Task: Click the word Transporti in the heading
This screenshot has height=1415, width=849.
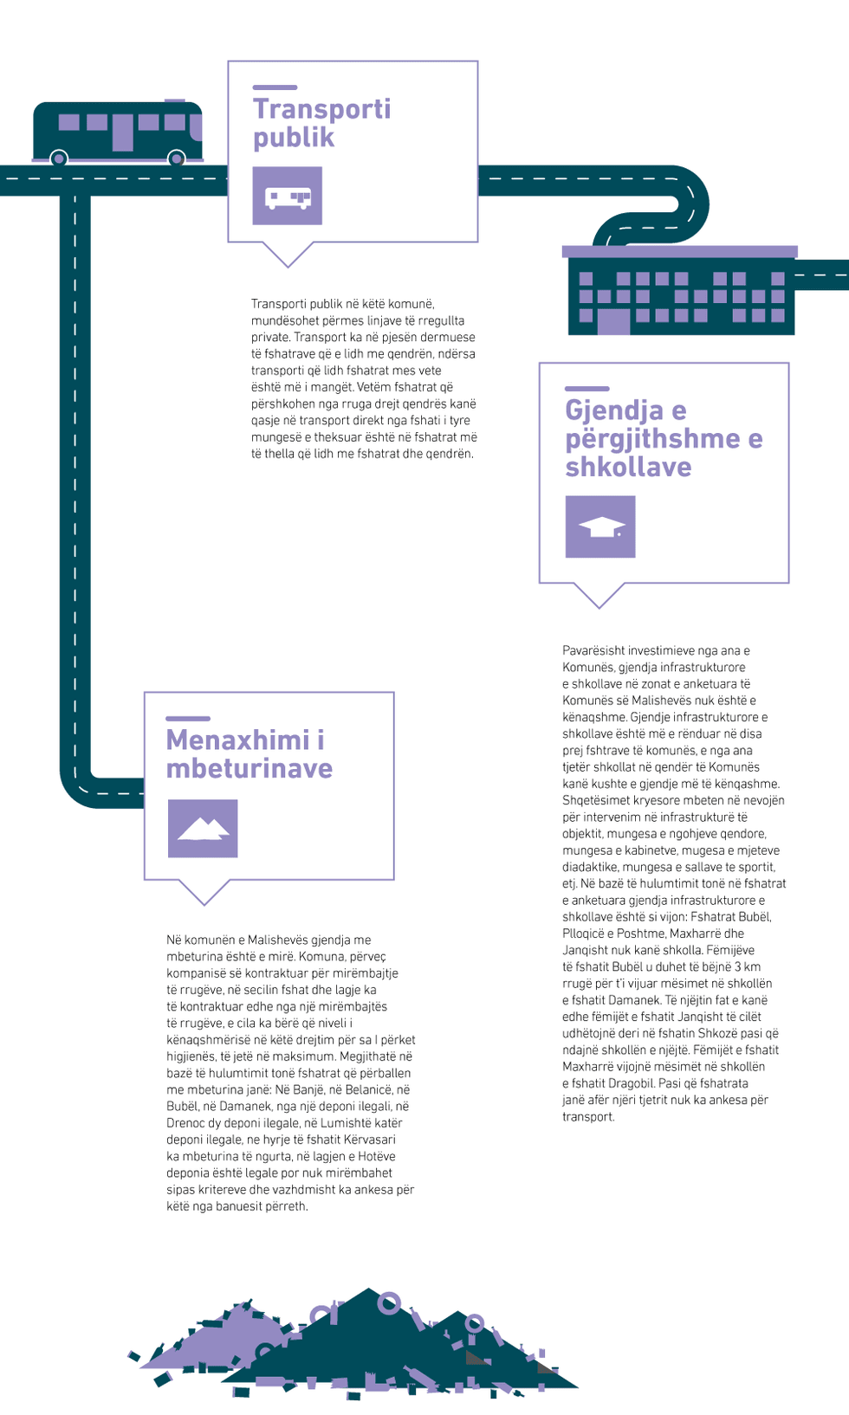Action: pos(321,109)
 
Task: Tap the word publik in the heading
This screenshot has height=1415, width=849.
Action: pos(294,138)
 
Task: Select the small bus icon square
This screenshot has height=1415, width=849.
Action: pos(288,196)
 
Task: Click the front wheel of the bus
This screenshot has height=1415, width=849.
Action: pos(176,158)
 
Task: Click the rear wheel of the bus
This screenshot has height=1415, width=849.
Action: pos(59,158)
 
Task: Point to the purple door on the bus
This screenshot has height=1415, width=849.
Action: pos(123,132)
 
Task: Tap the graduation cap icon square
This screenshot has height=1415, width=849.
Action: pos(600,527)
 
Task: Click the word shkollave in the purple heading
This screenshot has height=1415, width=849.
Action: pos(628,468)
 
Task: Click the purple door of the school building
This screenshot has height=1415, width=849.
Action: pos(613,320)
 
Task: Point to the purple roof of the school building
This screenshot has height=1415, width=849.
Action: pos(679,252)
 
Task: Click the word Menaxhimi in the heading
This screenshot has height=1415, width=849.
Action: pos(237,740)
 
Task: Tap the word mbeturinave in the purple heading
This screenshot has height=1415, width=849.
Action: pos(250,769)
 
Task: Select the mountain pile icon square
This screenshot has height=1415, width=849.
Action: pos(203,829)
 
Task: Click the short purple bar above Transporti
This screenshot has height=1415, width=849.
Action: pos(275,87)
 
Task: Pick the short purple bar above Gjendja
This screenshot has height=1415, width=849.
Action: pos(587,389)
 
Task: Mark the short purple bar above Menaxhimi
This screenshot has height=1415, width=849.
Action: pos(188,719)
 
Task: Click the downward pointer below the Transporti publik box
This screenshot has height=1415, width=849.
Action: pos(288,255)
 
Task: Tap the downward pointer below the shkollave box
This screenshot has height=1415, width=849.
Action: pos(599,595)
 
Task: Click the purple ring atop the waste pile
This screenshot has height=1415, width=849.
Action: pos(389,1302)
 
